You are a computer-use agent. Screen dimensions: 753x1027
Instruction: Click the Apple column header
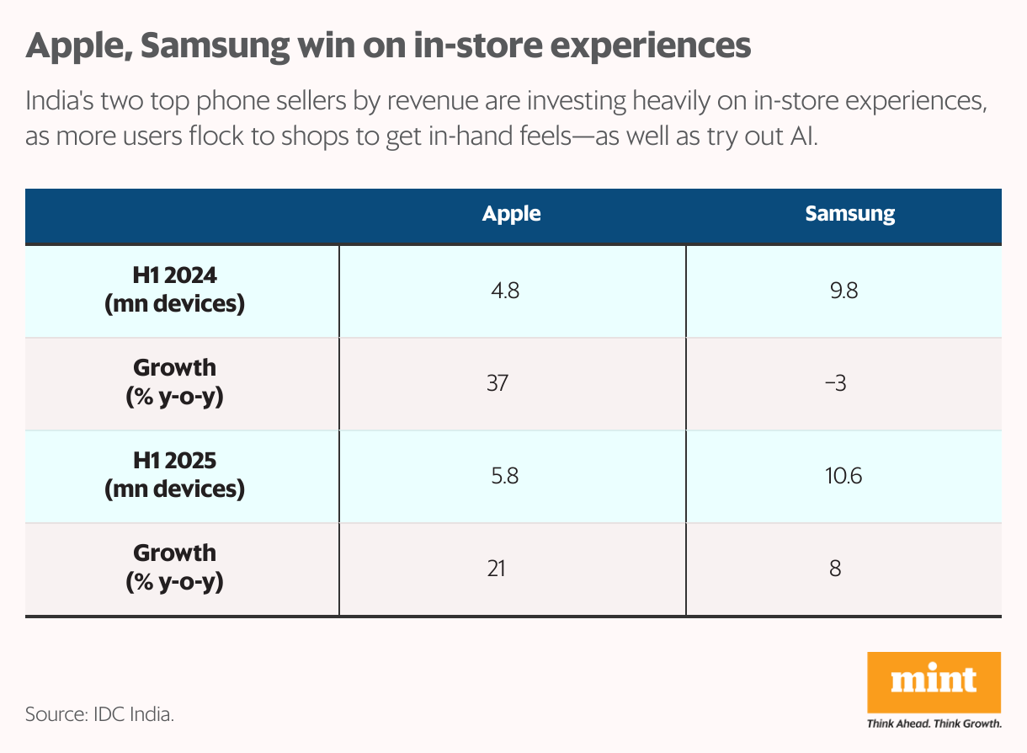pyautogui.click(x=511, y=214)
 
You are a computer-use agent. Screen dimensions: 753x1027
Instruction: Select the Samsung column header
pyautogui.click(x=849, y=214)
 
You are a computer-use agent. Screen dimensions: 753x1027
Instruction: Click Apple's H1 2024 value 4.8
pyautogui.click(x=505, y=291)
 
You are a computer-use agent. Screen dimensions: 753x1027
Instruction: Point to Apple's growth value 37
pyautogui.click(x=497, y=383)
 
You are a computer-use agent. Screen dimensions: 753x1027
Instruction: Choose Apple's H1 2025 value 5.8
pyautogui.click(x=505, y=476)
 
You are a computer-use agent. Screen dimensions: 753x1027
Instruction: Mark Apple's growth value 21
pyautogui.click(x=496, y=569)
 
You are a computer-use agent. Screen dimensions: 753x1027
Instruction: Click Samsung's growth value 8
pyautogui.click(x=834, y=569)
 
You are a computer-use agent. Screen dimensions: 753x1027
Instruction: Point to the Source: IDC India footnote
pyautogui.click(x=100, y=715)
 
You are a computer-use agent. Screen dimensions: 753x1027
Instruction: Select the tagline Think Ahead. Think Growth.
pyautogui.click(x=934, y=724)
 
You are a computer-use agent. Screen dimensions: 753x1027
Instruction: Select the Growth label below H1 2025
pyautogui.click(x=174, y=566)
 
